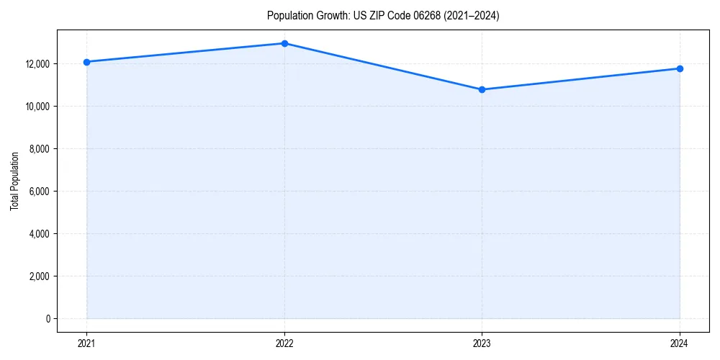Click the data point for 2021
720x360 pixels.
pos(87,62)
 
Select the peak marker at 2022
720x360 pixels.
pos(284,43)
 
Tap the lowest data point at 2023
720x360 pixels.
pos(482,90)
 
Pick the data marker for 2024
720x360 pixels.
pos(680,68)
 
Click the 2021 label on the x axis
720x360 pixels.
pos(87,343)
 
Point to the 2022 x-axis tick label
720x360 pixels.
pos(284,343)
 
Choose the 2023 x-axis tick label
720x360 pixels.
pos(482,343)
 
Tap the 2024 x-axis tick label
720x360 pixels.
pos(680,343)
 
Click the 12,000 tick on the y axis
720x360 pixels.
pos(37,64)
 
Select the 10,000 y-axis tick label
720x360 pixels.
pos(37,107)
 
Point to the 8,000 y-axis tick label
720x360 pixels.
pos(39,149)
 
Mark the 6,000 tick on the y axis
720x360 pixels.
pos(39,192)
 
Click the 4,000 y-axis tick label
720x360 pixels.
pos(39,234)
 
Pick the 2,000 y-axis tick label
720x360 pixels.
pos(39,276)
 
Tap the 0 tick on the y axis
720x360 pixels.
pos(47,319)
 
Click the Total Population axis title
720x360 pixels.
pos(14,181)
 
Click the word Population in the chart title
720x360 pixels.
pos(289,16)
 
